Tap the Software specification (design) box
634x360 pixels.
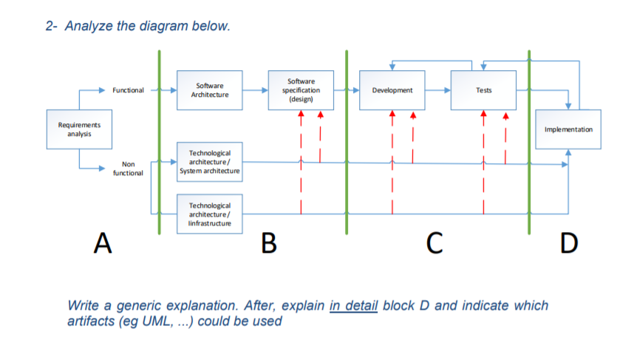coord(301,90)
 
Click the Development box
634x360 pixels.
coord(392,90)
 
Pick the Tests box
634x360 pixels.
coord(483,90)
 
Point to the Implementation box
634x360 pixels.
coord(567,129)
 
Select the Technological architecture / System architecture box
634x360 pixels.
coord(210,161)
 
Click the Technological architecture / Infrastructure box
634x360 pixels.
coord(210,214)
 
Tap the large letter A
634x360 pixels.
coord(103,242)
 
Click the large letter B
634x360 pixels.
coord(270,242)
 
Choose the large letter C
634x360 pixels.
coord(436,242)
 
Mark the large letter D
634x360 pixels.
coord(569,242)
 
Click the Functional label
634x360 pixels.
coord(128,90)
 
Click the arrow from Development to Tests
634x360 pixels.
coord(437,90)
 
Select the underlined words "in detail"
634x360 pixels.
coord(352,306)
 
